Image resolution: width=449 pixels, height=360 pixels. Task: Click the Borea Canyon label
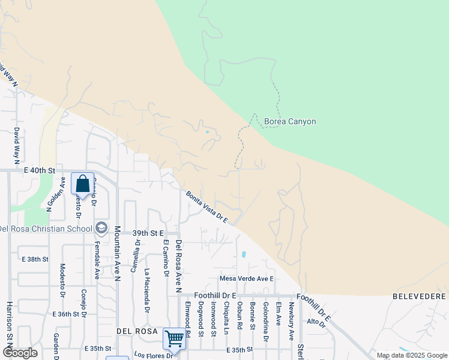tap(290, 122)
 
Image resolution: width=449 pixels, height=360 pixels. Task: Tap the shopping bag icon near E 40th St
tap(82, 183)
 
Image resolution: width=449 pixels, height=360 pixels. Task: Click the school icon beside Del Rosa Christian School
tap(101, 228)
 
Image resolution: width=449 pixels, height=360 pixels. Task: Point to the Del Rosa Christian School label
tap(46, 228)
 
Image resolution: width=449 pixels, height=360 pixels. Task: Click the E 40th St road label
tap(40, 171)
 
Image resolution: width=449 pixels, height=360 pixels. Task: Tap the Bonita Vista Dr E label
tap(206, 207)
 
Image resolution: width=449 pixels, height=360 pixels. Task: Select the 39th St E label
tap(148, 233)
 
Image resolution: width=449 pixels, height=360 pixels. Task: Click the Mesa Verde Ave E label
tap(246, 278)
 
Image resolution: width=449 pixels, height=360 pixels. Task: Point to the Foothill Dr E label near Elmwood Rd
tap(215, 296)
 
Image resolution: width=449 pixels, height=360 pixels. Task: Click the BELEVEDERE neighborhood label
tap(420, 296)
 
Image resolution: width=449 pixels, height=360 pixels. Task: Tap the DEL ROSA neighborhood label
tap(137, 331)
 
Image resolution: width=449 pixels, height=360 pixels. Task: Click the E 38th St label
tap(34, 259)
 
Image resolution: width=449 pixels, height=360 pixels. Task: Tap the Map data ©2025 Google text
tap(411, 355)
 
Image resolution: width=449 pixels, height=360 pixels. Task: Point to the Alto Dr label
tap(316, 323)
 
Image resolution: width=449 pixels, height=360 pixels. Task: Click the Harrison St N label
tap(9, 324)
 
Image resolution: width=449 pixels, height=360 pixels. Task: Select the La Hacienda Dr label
tap(146, 290)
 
